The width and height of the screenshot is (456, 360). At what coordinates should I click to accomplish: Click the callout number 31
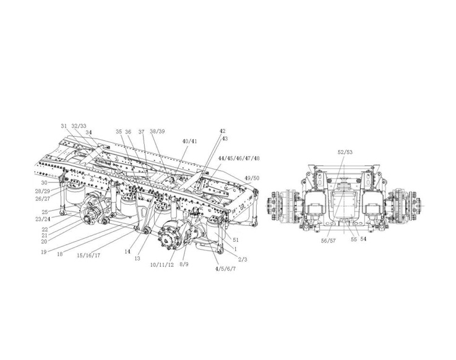pyautogui.click(x=64, y=126)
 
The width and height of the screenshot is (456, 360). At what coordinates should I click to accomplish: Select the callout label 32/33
pyautogui.click(x=79, y=126)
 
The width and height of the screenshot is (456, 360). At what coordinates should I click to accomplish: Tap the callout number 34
pyautogui.click(x=88, y=132)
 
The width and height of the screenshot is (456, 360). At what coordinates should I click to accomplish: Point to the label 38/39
pyautogui.click(x=157, y=131)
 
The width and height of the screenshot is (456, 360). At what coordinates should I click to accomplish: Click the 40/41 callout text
pyautogui.click(x=189, y=141)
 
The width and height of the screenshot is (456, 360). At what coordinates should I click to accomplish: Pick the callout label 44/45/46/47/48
pyautogui.click(x=239, y=158)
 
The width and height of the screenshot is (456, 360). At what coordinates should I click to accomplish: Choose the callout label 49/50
pyautogui.click(x=252, y=178)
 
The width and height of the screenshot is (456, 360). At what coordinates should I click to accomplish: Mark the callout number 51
pyautogui.click(x=236, y=240)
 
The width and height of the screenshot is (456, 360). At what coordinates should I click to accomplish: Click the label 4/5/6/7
pyautogui.click(x=225, y=268)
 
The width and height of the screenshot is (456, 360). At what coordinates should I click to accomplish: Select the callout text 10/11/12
pyautogui.click(x=162, y=265)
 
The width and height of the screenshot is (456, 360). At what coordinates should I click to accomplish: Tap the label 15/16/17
pyautogui.click(x=88, y=255)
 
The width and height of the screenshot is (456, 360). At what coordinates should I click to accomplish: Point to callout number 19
pyautogui.click(x=44, y=252)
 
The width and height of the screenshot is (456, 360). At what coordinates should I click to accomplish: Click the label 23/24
pyautogui.click(x=43, y=219)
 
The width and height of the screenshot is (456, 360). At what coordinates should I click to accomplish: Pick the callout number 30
pyautogui.click(x=44, y=182)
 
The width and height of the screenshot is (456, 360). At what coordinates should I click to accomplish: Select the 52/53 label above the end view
pyautogui.click(x=345, y=152)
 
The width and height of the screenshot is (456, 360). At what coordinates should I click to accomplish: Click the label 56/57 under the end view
pyautogui.click(x=329, y=241)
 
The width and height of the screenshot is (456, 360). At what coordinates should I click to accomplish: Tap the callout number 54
pyautogui.click(x=363, y=239)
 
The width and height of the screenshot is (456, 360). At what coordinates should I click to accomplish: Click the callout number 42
pyautogui.click(x=222, y=131)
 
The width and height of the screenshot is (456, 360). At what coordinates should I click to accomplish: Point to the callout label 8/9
pyautogui.click(x=184, y=264)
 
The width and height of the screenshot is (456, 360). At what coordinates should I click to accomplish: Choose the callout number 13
pyautogui.click(x=137, y=258)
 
